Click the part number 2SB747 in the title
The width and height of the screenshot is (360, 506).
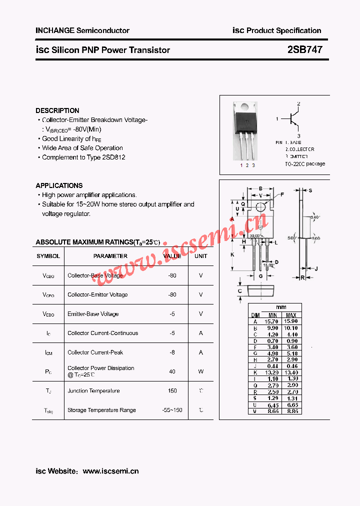tap(305, 50)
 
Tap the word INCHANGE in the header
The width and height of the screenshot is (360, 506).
tap(55, 30)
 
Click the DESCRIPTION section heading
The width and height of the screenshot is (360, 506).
tap(57, 110)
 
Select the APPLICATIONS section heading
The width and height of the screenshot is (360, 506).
tap(59, 185)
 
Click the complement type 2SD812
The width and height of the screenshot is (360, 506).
tap(113, 157)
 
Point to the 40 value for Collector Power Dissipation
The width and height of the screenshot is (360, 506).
tap(172, 371)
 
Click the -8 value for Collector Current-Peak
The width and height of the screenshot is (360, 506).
tap(172, 352)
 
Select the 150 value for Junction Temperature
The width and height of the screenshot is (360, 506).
tap(172, 391)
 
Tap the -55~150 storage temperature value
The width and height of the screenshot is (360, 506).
tap(172, 410)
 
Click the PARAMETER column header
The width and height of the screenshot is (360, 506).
tap(110, 256)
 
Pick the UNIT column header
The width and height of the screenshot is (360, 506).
tap(201, 256)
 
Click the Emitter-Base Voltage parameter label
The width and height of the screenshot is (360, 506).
tap(93, 314)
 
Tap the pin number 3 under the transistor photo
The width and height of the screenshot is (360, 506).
tap(253, 165)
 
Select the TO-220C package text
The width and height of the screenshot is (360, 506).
tap(305, 163)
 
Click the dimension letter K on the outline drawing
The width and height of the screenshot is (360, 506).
tap(232, 254)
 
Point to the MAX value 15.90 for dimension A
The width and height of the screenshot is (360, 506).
tap(291, 321)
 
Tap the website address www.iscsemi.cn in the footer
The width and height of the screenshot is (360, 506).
tap(110, 471)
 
